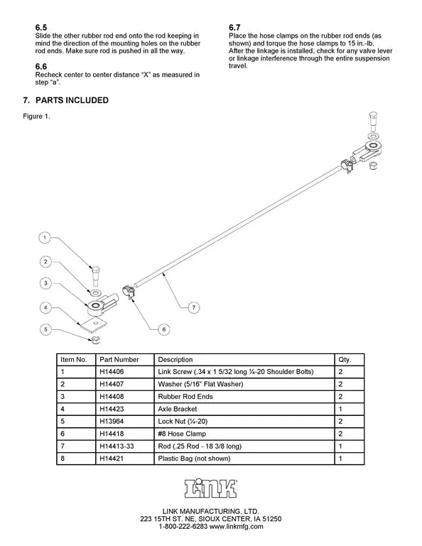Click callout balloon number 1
pyautogui.click(x=44, y=237)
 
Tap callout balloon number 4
pyautogui.click(x=44, y=308)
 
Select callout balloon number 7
pyautogui.click(x=193, y=307)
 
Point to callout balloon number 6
pyautogui.click(x=163, y=329)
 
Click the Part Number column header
pyautogui.click(x=119, y=360)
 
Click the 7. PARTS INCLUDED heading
pyautogui.click(x=65, y=100)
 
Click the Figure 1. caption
pyautogui.click(x=36, y=117)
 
